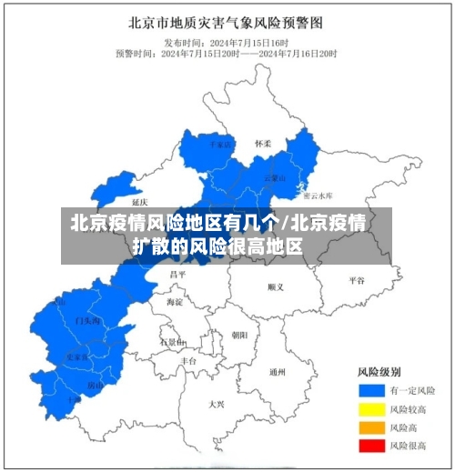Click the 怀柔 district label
click(263, 144)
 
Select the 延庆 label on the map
click(139, 202)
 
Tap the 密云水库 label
click(318, 196)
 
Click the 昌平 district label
click(177, 274)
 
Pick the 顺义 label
click(276, 286)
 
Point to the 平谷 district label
click(356, 281)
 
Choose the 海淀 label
click(174, 301)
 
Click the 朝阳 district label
click(239, 335)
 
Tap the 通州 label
click(278, 371)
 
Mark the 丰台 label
click(188, 361)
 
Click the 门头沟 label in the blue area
click(88, 321)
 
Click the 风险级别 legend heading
click(376, 372)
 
